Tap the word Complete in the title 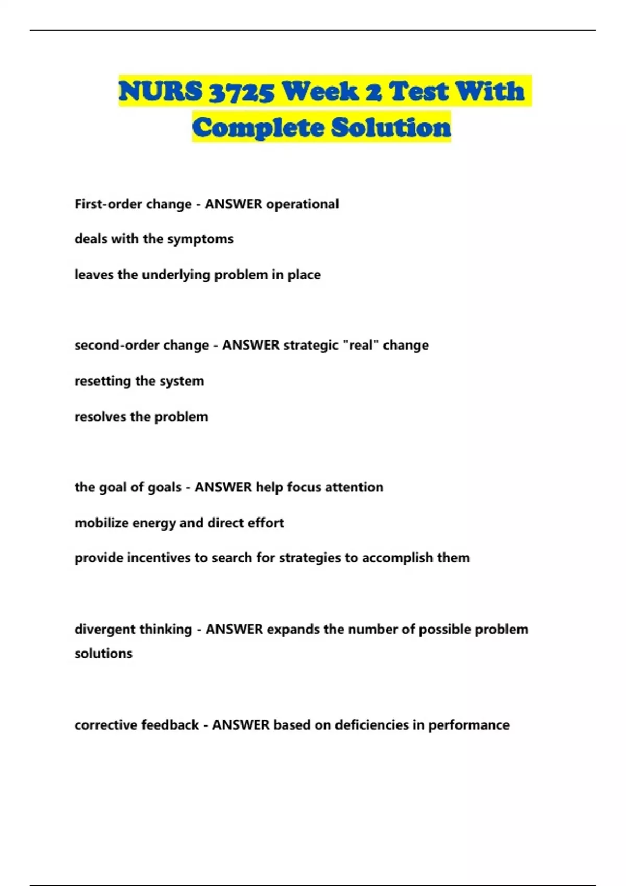coord(258,128)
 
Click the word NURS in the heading coord(160,91)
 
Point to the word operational coord(303,204)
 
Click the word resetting coord(103,381)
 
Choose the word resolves coord(100,416)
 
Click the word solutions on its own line coord(103,654)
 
